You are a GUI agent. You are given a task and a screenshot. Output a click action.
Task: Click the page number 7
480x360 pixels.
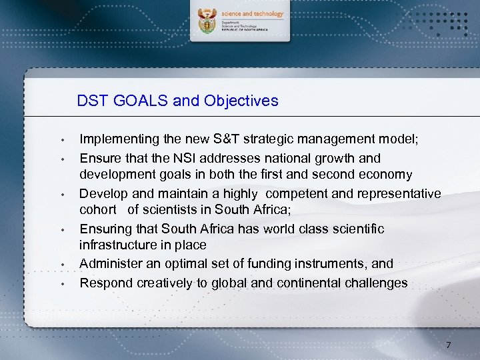(x=449, y=345)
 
